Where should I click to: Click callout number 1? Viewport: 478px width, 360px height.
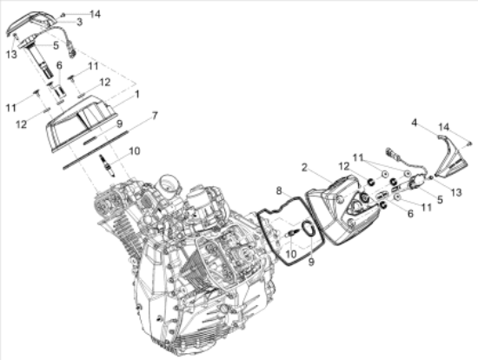[136, 92]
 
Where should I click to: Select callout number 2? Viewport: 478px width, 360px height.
[305, 167]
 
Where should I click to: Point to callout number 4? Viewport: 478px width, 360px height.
[415, 123]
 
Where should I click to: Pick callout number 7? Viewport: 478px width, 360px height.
[155, 115]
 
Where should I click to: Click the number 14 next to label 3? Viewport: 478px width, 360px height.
[95, 14]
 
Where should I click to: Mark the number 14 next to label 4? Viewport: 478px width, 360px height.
[444, 127]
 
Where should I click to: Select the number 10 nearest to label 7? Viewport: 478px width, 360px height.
[134, 150]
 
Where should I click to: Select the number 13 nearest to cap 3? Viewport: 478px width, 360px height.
[11, 55]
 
